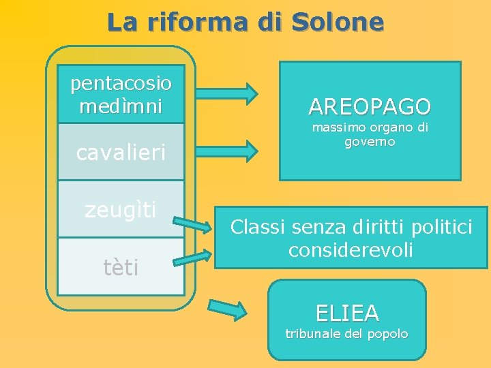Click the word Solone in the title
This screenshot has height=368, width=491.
tap(338, 22)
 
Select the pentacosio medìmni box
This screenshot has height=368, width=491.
tap(121, 94)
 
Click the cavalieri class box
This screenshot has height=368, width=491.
tap(121, 152)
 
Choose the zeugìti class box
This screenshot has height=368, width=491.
tap(121, 209)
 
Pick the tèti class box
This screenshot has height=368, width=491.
tap(121, 266)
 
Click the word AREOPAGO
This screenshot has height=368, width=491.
tap(370, 106)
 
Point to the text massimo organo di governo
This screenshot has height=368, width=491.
tap(370, 134)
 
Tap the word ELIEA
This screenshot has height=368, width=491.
tap(346, 313)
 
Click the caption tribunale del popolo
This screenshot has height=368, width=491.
tap(346, 334)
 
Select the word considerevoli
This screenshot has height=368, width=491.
tap(351, 249)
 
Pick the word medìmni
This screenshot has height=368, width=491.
tap(121, 107)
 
